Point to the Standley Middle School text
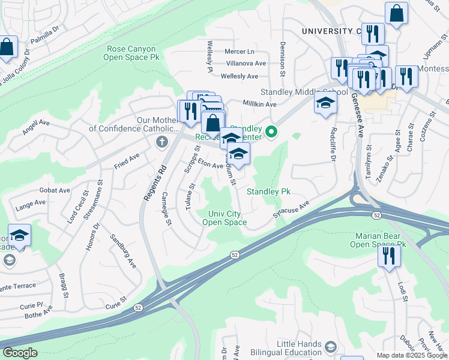coord(303,92)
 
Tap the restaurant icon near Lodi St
coord(388,256)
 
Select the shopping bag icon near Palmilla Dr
coord(7,48)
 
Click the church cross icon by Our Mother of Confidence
coord(160,142)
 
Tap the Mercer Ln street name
coord(240,52)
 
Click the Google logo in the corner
coord(20,353)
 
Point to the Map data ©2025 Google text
coord(411,355)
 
